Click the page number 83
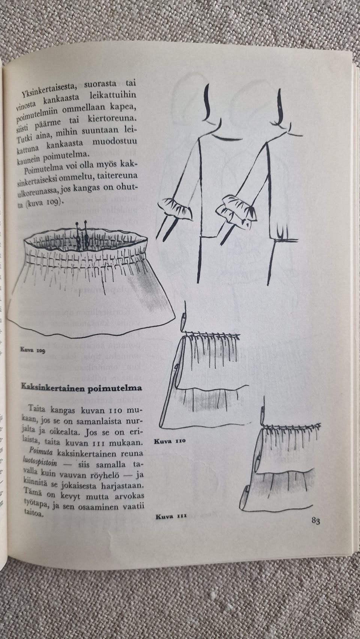click(x=314, y=521)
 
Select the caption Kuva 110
click(x=170, y=441)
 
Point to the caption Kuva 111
click(x=171, y=517)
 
